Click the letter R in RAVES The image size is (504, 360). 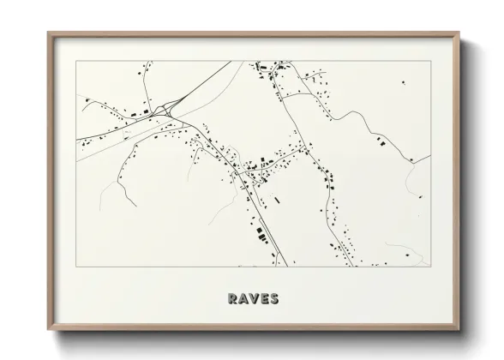click(233, 299)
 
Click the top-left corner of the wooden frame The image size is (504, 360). click(48, 33)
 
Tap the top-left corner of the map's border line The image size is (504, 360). click(76, 61)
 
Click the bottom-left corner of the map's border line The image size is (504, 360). click(76, 267)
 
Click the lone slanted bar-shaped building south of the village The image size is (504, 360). click(277, 201)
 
